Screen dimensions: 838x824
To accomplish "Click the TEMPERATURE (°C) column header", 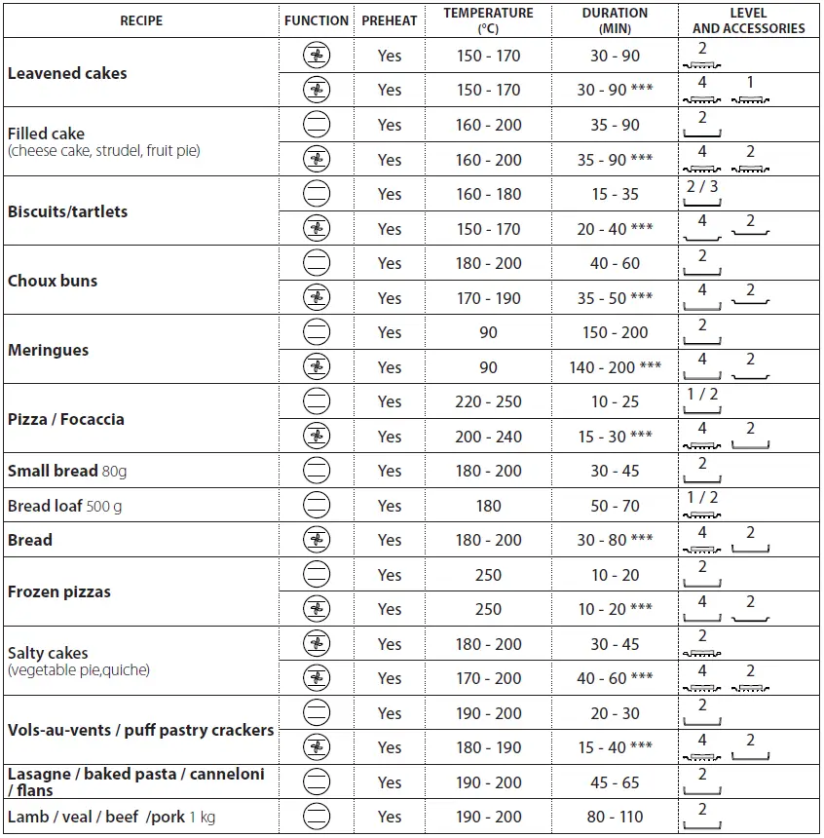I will (x=488, y=20).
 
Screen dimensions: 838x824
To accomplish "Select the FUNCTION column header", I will (x=317, y=20).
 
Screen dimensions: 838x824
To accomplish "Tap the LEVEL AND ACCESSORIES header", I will (x=748, y=20).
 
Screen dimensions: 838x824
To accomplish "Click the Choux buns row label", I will (x=53, y=281).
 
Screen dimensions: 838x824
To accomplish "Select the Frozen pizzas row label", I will (x=59, y=591).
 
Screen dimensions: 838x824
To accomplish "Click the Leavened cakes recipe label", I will (x=67, y=73).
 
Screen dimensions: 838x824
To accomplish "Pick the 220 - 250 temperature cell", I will (x=488, y=401).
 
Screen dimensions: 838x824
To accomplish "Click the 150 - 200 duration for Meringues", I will (x=615, y=332).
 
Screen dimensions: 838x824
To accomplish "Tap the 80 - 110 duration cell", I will (x=615, y=817).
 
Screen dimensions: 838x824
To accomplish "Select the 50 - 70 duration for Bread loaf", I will (x=615, y=506).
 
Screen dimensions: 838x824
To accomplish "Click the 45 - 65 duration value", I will (x=615, y=782).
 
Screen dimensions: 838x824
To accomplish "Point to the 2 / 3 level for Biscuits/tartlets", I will (x=701, y=187).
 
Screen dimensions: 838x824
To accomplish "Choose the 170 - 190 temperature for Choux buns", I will (x=488, y=298).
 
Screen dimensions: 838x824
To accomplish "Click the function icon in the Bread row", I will (x=317, y=540).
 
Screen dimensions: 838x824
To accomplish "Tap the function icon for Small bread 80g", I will (x=317, y=471).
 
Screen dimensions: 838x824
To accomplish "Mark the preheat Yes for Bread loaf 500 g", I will (x=390, y=506).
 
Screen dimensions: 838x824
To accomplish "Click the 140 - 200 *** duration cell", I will (x=615, y=367).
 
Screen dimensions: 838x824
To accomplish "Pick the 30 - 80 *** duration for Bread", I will (x=615, y=540).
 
